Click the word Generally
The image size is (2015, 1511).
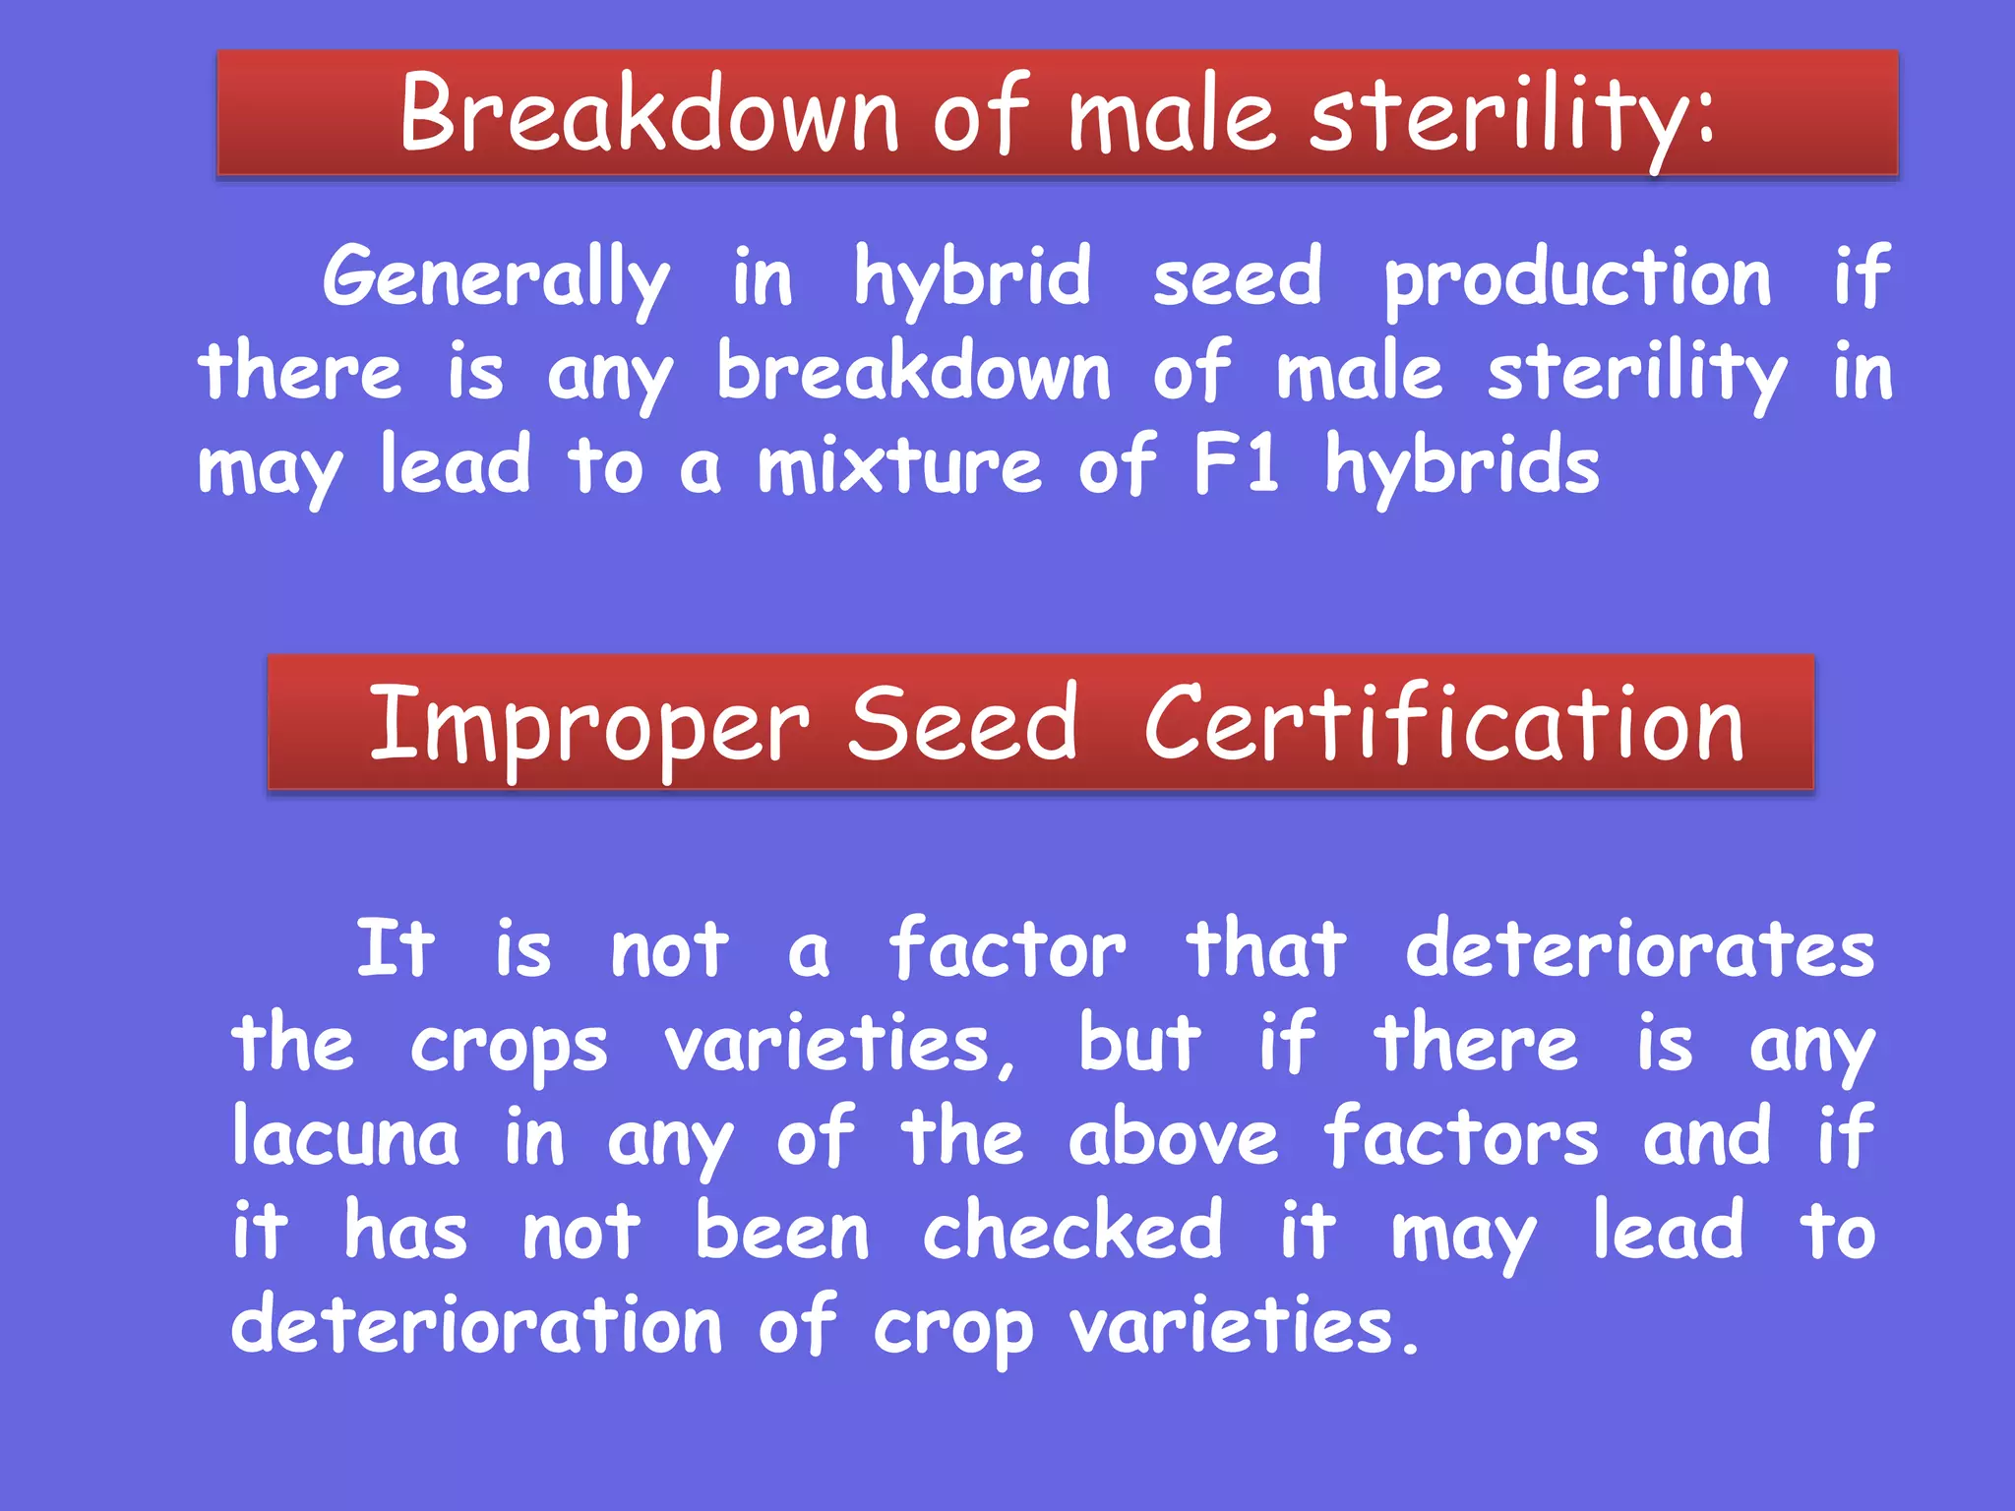click(x=496, y=278)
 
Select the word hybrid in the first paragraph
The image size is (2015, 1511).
click(x=972, y=278)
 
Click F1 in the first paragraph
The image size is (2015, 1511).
click(x=1236, y=464)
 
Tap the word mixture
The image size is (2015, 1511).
click(x=899, y=466)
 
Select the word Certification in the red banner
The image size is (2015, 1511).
click(x=1443, y=726)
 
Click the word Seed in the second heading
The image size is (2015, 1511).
click(x=962, y=726)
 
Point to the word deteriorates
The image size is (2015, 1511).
click(x=1639, y=950)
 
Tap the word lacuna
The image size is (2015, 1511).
click(x=344, y=1138)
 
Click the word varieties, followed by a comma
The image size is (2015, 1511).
click(x=839, y=1045)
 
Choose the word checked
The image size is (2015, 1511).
click(x=1072, y=1232)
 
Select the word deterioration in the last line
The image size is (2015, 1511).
click(x=476, y=1326)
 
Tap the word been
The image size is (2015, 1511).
click(x=782, y=1232)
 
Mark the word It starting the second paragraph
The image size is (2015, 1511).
click(x=395, y=950)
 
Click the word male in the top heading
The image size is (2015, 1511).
click(x=1172, y=116)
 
